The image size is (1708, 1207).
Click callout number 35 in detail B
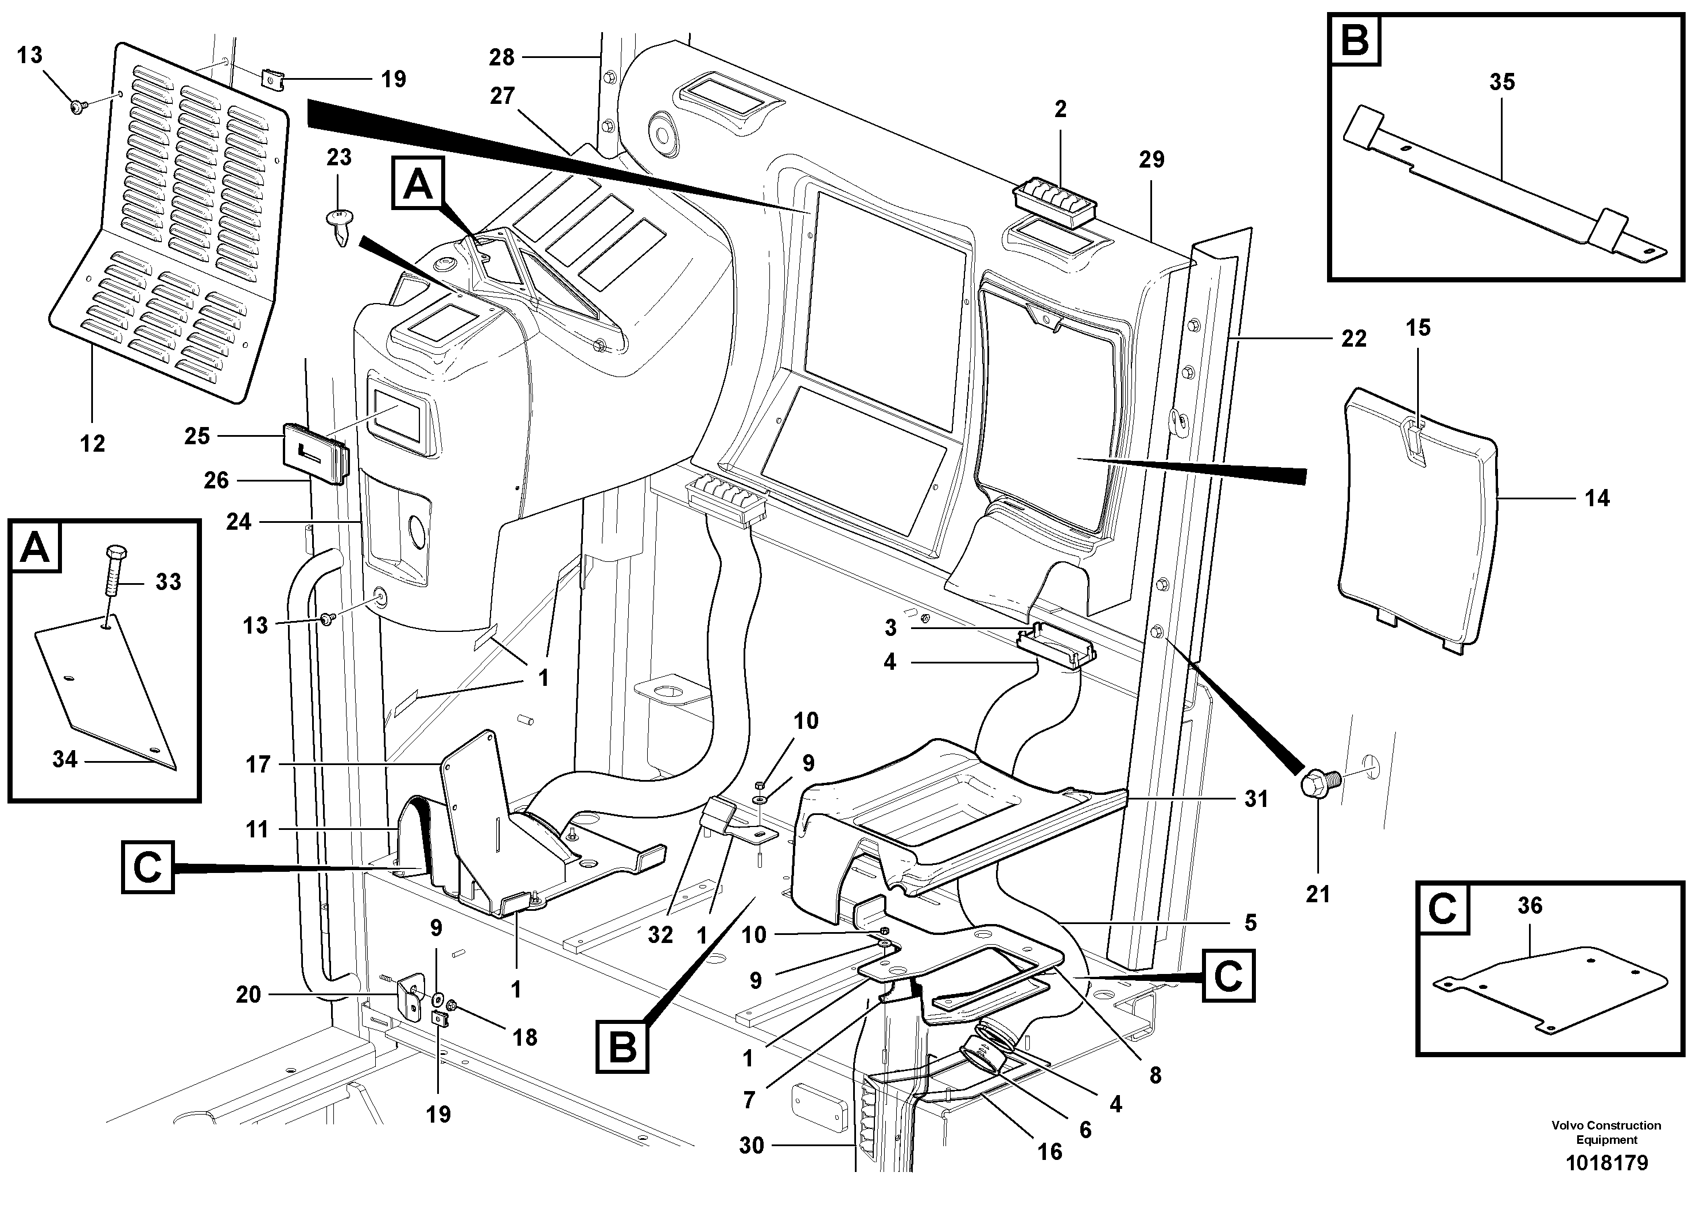pos(1501,82)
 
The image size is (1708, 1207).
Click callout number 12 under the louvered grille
pos(92,444)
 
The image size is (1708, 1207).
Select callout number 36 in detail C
pos(1530,906)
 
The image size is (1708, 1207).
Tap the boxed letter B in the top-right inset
pos(1355,41)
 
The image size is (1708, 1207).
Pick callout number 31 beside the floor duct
pos(1256,798)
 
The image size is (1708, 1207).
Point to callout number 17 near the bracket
pos(258,764)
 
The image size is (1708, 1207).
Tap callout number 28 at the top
pos(501,57)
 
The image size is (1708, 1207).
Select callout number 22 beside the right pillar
pos(1353,339)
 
